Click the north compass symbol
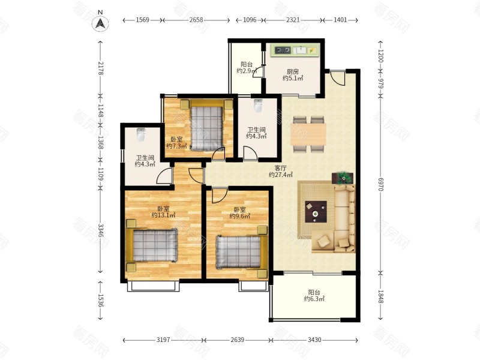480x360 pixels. pos(100,23)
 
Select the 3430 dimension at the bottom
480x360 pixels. pos(314,340)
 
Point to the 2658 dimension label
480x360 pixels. pos(196,20)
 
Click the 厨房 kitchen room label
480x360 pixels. pos(293,71)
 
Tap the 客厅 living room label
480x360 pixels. pos(280,168)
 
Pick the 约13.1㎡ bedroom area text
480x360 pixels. pos(163,215)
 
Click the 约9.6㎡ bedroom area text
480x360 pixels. pos(240,216)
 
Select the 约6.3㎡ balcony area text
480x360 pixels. pos(314,299)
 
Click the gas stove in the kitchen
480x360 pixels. pos(283,50)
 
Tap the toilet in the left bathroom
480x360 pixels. pos(140,134)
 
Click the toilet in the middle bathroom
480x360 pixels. pos(258,106)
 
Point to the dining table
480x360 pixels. pos(308,134)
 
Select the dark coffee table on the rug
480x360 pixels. pos(316,212)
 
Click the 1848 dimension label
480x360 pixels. pos(380,297)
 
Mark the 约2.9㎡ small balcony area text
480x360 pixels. pos(247,71)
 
